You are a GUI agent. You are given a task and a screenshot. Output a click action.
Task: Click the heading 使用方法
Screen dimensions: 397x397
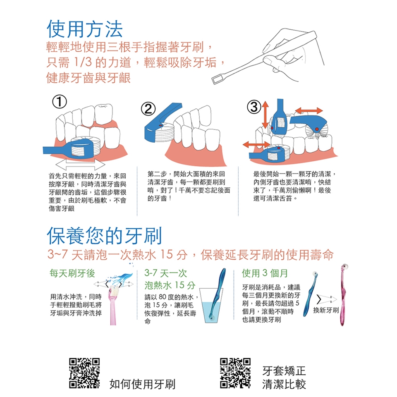tap(84, 29)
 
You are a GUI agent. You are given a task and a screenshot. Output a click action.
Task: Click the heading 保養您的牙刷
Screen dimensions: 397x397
tap(104, 236)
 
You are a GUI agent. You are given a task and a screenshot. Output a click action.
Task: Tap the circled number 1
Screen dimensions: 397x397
tap(60, 102)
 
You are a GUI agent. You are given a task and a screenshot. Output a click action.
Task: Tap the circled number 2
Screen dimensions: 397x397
tap(148, 109)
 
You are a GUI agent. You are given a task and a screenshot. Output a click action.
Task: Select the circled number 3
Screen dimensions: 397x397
tap(254, 107)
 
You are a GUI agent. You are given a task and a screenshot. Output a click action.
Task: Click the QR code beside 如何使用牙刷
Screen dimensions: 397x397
tap(84, 373)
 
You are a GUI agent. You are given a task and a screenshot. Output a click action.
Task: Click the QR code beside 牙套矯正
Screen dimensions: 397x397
tap(235, 373)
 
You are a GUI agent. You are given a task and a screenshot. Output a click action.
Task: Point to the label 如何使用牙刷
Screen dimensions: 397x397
tap(142, 384)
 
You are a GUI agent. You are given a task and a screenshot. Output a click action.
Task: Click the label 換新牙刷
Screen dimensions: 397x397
tap(325, 310)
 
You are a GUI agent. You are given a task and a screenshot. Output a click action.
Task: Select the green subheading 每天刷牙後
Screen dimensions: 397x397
tap(72, 273)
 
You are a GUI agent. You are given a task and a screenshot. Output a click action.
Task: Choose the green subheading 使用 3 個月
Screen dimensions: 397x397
tap(265, 273)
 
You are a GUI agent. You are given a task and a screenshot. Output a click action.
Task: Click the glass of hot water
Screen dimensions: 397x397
tap(211, 306)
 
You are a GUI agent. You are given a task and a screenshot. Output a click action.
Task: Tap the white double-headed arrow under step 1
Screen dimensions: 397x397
tap(80, 165)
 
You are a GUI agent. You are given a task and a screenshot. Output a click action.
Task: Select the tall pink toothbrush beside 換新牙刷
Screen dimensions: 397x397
tap(344, 294)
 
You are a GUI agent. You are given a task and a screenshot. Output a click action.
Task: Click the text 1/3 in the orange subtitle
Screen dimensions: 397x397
tap(83, 62)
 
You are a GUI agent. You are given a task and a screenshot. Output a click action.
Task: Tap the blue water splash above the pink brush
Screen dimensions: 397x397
tap(120, 279)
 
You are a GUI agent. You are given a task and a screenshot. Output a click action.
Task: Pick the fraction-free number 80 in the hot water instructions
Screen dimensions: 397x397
tap(162, 297)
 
